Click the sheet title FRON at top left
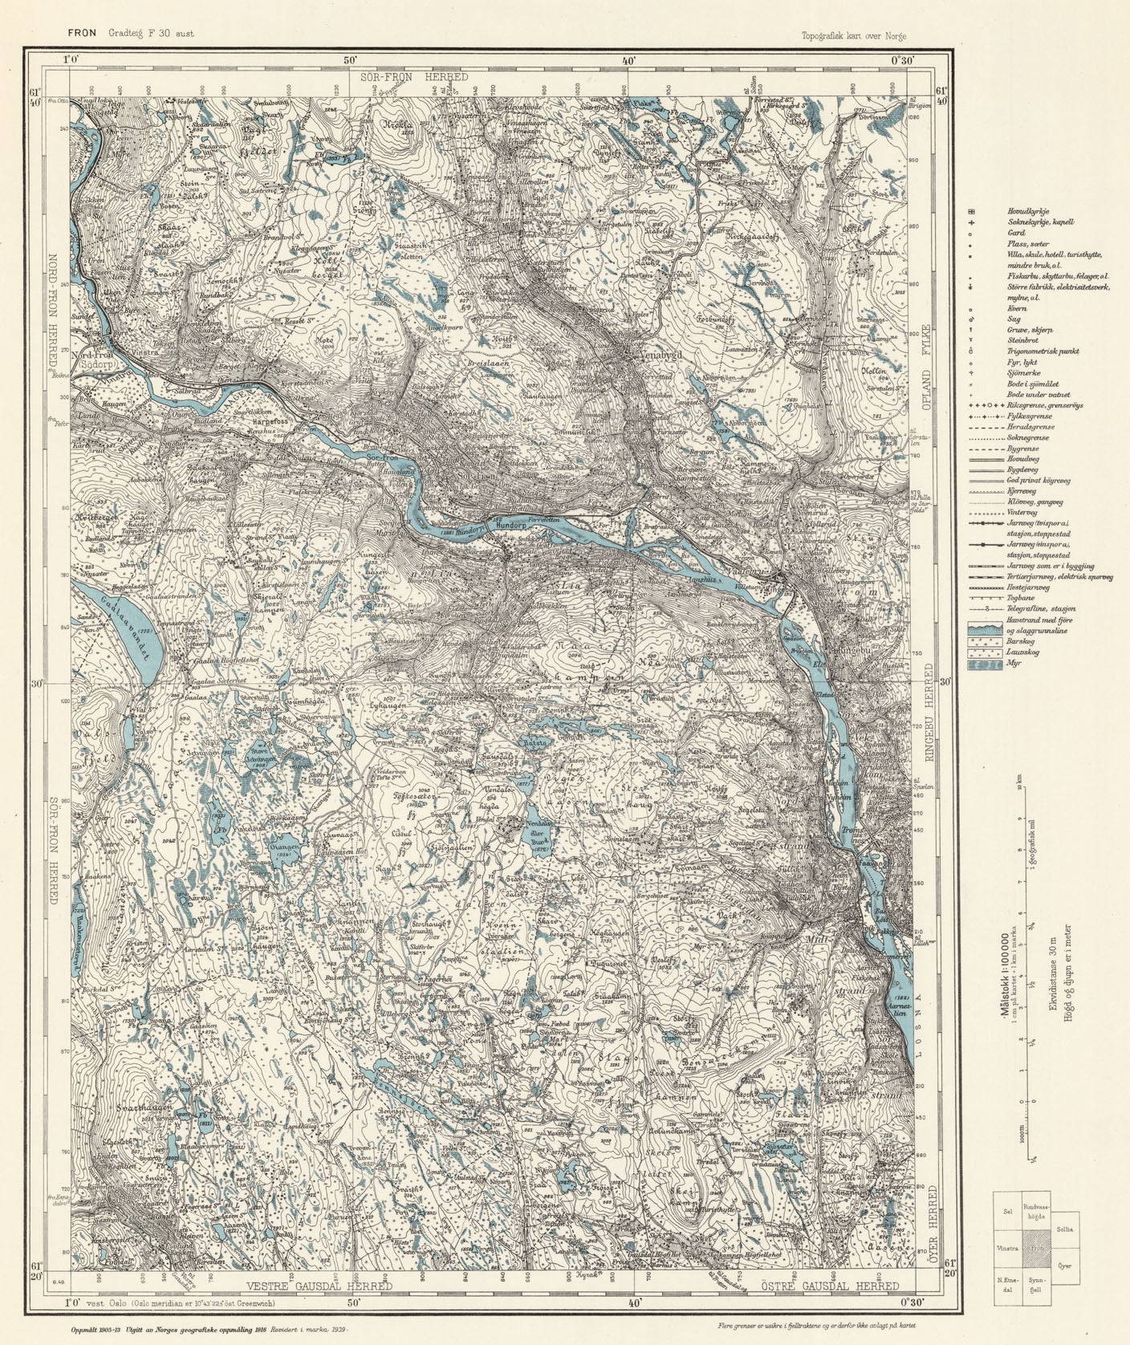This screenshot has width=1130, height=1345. pyautogui.click(x=82, y=34)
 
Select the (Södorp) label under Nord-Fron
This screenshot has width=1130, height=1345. pyautogui.click(x=97, y=363)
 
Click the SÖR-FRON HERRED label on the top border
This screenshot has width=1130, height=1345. pyautogui.click(x=414, y=76)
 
